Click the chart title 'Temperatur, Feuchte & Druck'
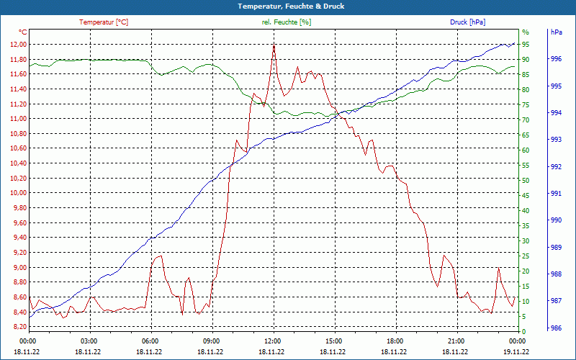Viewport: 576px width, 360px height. pos(288,6)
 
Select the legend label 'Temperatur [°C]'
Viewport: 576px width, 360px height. pos(104,22)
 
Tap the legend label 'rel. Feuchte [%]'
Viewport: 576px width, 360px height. pos(287,22)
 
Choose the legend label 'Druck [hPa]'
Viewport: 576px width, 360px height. pos(467,22)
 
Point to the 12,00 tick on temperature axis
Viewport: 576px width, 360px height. pos(18,44)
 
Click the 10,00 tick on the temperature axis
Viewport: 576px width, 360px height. pos(18,193)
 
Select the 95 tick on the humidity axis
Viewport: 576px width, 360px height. pos(526,44)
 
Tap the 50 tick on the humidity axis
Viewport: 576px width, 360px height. pos(526,180)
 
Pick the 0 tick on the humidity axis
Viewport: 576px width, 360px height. pos(524,331)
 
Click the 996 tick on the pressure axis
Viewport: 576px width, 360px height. pos(556,59)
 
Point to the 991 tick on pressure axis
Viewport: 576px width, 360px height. pos(556,193)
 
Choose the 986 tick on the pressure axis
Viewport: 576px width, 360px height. pos(556,327)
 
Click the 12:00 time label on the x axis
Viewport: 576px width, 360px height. pos(273,341)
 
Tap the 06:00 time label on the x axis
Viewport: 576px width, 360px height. pos(150,341)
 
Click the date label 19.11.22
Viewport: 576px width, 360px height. pos(518,351)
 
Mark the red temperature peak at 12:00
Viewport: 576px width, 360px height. pos(274,45)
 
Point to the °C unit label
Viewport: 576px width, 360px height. pos(23,32)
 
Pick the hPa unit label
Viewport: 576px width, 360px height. pos(557,32)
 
